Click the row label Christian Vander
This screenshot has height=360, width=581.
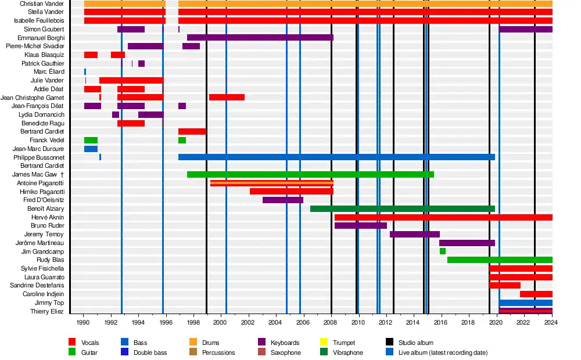[42, 3]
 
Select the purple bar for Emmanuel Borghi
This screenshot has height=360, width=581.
[260, 38]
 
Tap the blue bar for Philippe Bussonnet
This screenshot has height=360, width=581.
[336, 157]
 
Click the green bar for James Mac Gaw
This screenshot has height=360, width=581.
[310, 174]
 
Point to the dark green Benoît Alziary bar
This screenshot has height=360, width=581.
[402, 208]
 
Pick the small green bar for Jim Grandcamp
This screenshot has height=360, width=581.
[443, 251]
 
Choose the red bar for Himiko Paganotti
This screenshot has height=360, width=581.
[291, 192]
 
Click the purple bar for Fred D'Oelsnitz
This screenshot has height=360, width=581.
[282, 200]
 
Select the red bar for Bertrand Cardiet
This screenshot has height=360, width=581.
[192, 132]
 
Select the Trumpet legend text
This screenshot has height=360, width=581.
[344, 343]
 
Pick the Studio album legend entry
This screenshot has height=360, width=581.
[415, 343]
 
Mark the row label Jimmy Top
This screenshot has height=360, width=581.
[50, 303]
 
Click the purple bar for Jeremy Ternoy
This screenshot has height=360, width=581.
[414, 235]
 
